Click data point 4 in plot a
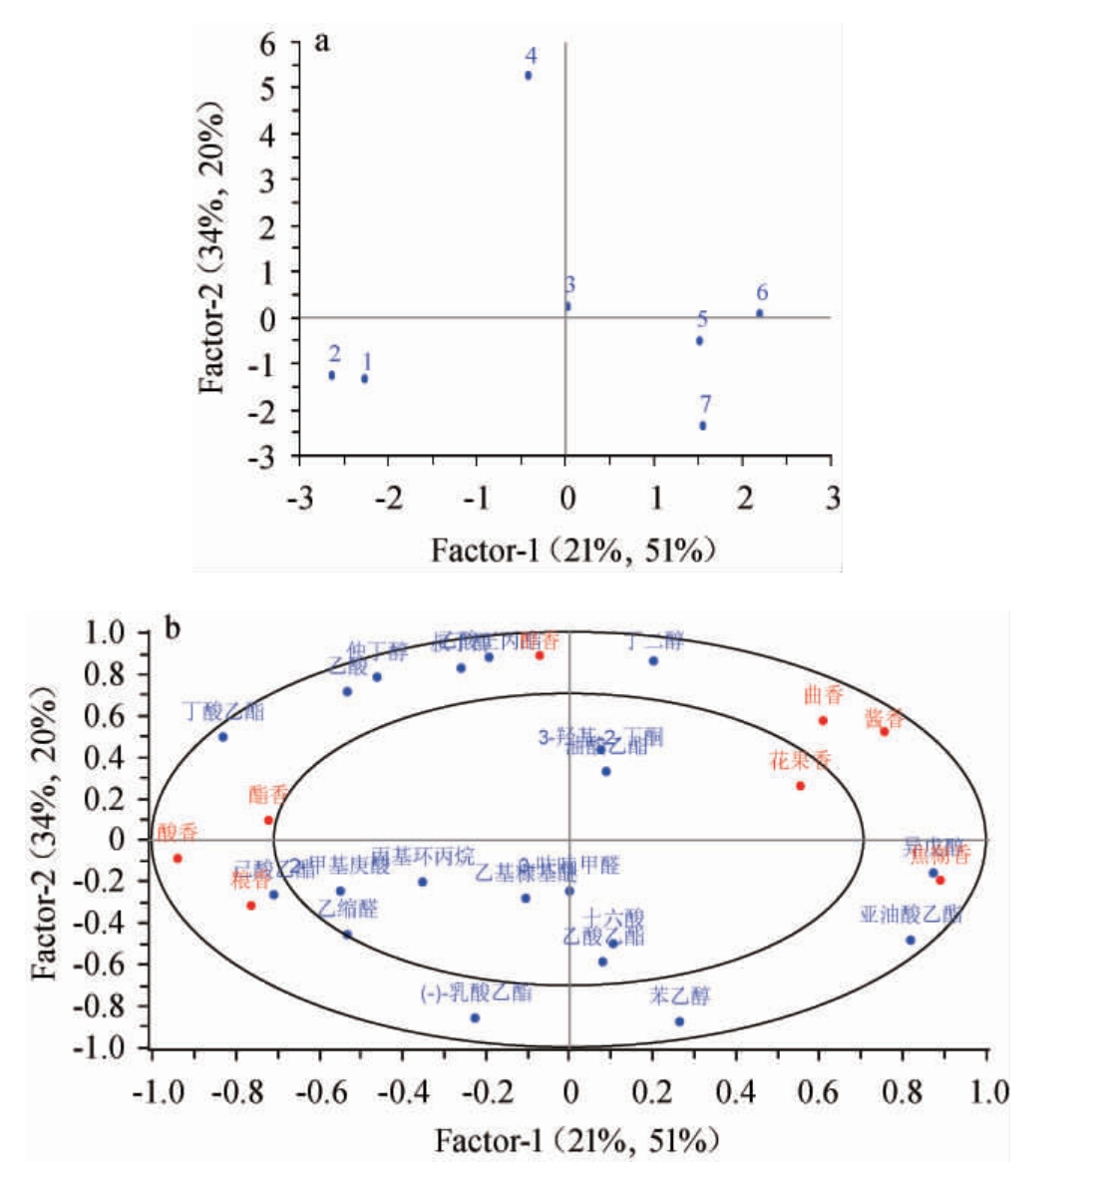(x=529, y=76)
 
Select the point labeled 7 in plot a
(x=703, y=426)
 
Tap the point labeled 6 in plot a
(x=760, y=313)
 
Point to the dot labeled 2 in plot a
(x=332, y=375)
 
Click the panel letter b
(x=173, y=629)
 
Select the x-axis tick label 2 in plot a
(x=746, y=497)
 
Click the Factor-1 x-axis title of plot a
(x=573, y=550)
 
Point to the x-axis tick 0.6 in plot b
(x=819, y=1091)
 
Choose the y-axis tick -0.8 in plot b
(x=105, y=1005)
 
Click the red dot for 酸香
(x=178, y=858)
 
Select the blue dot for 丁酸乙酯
(x=222, y=737)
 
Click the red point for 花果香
(x=800, y=786)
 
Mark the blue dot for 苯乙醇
(x=679, y=1021)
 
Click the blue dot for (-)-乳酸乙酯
(x=475, y=1017)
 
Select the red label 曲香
(x=823, y=696)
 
